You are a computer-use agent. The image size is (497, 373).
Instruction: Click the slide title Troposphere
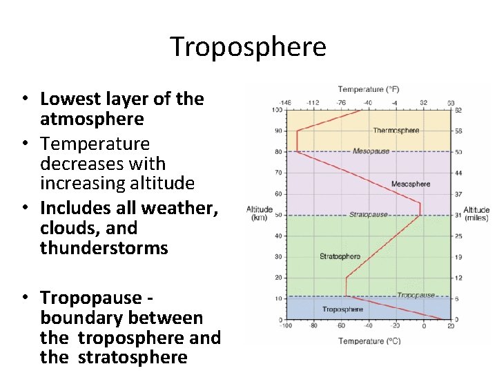point(248,47)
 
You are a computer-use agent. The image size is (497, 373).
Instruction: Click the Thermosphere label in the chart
point(396,131)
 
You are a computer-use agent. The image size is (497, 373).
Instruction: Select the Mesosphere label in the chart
point(410,184)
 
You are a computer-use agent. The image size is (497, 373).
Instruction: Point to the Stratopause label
point(368,215)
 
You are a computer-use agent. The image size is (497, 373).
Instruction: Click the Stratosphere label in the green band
point(340,256)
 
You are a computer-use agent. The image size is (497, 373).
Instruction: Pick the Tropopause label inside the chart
point(416,295)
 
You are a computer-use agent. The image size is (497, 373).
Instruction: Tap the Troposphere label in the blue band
point(343,309)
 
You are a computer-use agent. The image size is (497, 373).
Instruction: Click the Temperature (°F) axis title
point(368,89)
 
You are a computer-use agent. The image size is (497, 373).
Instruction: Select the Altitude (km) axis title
point(260,213)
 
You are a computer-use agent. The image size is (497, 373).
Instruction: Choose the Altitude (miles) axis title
point(476,213)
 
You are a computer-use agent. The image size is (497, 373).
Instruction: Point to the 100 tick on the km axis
point(277,110)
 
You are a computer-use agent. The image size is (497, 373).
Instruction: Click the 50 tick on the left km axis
point(278,215)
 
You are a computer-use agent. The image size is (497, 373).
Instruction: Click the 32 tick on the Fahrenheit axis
point(423,102)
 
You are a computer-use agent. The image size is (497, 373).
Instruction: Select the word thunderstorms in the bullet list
point(104,248)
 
